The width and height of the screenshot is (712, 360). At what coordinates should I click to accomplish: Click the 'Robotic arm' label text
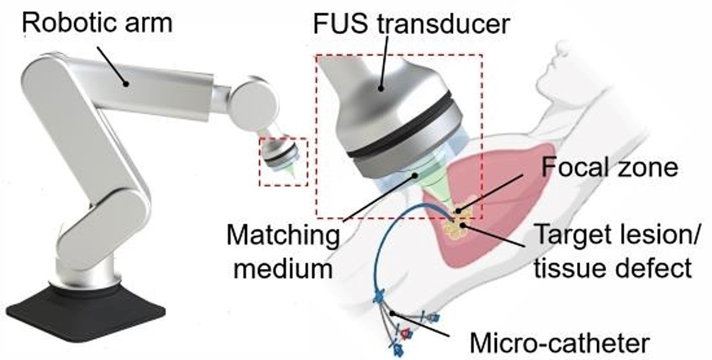coord(97,23)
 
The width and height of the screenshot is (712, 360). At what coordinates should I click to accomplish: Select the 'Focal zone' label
coord(610,167)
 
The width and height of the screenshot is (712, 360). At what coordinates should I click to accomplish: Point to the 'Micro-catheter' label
coord(560,343)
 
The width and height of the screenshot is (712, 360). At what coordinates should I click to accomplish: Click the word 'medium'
coord(283,269)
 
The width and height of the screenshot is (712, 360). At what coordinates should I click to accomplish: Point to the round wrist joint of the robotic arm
coord(253,103)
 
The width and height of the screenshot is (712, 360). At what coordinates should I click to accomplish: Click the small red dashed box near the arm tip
coord(284,162)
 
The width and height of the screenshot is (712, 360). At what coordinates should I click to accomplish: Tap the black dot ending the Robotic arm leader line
coord(126,84)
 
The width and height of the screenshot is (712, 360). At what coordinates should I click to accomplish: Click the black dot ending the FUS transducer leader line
coord(381,88)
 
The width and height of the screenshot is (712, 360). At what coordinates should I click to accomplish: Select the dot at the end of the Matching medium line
coord(415,175)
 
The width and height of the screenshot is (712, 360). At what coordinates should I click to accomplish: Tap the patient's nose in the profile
coord(555,59)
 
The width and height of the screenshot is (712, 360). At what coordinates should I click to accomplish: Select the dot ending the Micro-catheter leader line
coord(393,314)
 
